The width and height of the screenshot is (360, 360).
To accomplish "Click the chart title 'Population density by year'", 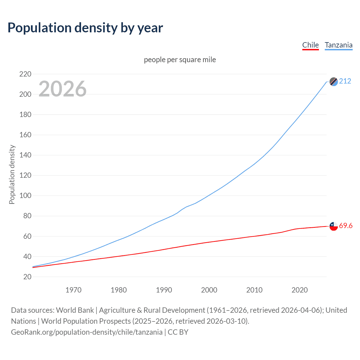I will point(85,28).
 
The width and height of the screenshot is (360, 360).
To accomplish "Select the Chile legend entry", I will point(310,45).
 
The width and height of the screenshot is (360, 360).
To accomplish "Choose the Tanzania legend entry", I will point(338,45).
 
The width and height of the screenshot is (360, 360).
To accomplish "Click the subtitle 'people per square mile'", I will point(180,60).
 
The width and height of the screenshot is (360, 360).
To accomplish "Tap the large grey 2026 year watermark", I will point(62,89).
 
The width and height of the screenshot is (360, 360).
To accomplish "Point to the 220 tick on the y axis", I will point(25,74).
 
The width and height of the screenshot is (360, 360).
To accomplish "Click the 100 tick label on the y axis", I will point(25,196).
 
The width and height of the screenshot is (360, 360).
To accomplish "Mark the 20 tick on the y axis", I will point(27,277).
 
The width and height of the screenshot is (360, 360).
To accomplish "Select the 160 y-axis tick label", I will point(25,135).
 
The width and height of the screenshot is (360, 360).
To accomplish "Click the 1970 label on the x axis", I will point(73,290).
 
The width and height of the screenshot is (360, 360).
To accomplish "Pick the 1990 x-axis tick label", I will point(164,290).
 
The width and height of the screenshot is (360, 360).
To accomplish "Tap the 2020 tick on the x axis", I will point(300,290).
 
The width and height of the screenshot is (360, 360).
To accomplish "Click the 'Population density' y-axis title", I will point(12,174).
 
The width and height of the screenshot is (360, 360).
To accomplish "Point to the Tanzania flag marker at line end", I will point(334,82).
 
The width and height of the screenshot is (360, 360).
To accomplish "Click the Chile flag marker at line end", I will point(334,226).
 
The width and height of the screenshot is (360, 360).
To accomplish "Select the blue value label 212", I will point(345,81).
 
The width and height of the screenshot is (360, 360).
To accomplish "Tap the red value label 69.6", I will point(346,226).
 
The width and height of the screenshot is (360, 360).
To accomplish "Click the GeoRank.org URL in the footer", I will point(87,332).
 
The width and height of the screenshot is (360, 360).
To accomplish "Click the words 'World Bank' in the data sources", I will point(75,310).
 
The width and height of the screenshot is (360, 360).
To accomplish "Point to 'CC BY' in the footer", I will point(178,332).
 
